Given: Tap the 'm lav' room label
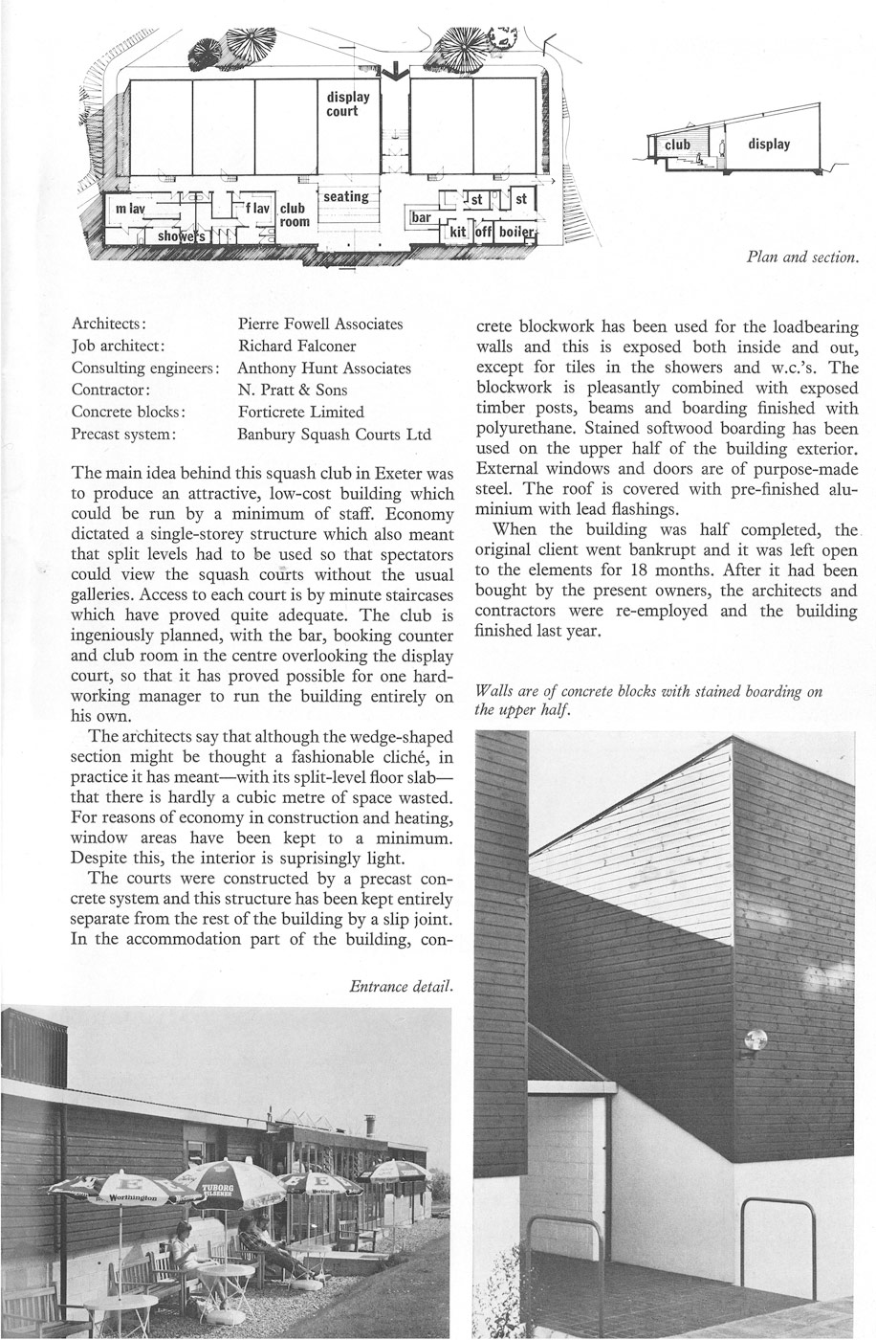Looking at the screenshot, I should click(x=130, y=209).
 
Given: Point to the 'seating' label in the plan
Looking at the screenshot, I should click(x=345, y=196).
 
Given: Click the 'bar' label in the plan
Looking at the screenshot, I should click(x=421, y=218).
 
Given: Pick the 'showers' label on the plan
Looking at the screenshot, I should click(x=181, y=235).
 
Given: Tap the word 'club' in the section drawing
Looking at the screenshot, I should click(x=678, y=145).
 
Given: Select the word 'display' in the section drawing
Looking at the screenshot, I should click(x=769, y=145).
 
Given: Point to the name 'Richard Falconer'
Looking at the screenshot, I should click(x=296, y=346).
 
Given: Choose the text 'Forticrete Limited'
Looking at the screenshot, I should click(x=301, y=412).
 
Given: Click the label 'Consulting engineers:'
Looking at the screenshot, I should click(x=146, y=368).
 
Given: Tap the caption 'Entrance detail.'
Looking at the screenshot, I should click(x=401, y=985).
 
